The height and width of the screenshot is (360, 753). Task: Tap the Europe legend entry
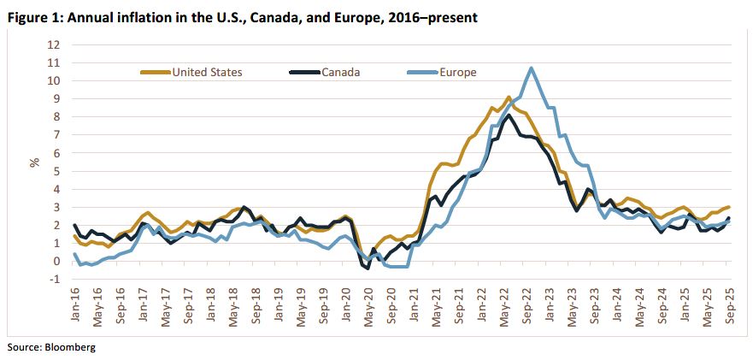pos(459,72)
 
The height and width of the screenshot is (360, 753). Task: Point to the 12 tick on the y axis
pos(54,44)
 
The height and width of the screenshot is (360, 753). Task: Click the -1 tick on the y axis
pos(56,280)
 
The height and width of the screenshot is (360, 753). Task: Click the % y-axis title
pos(35,162)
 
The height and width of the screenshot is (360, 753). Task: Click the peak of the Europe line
pos(532,68)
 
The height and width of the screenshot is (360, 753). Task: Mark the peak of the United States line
pos(509,97)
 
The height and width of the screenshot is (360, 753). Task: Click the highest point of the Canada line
pos(509,115)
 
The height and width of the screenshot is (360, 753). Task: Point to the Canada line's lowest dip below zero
pos(368,269)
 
